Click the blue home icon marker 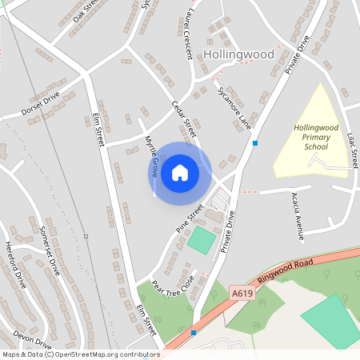tap(180, 172)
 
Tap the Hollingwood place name tap(238, 54)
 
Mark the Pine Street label tap(190, 218)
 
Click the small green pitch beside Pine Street tap(202, 241)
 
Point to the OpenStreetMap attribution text tap(81, 354)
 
